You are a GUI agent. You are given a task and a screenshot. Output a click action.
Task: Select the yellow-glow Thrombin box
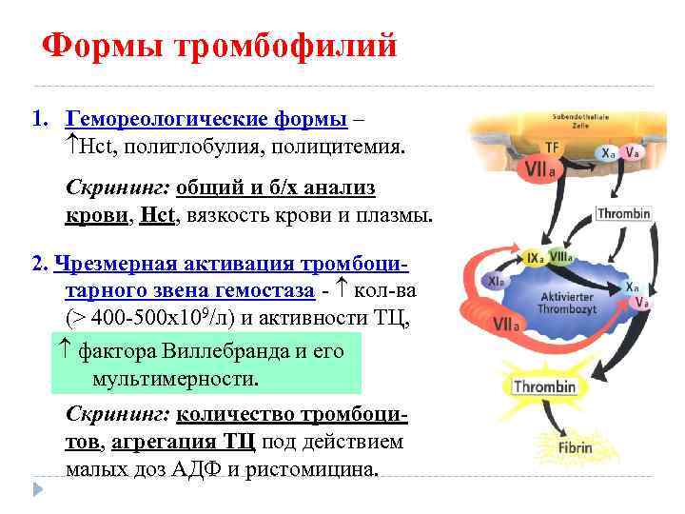[x=545, y=386]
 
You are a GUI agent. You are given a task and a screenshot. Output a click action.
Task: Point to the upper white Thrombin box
[x=624, y=213]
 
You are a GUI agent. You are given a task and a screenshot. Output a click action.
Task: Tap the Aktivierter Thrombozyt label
[x=568, y=302]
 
